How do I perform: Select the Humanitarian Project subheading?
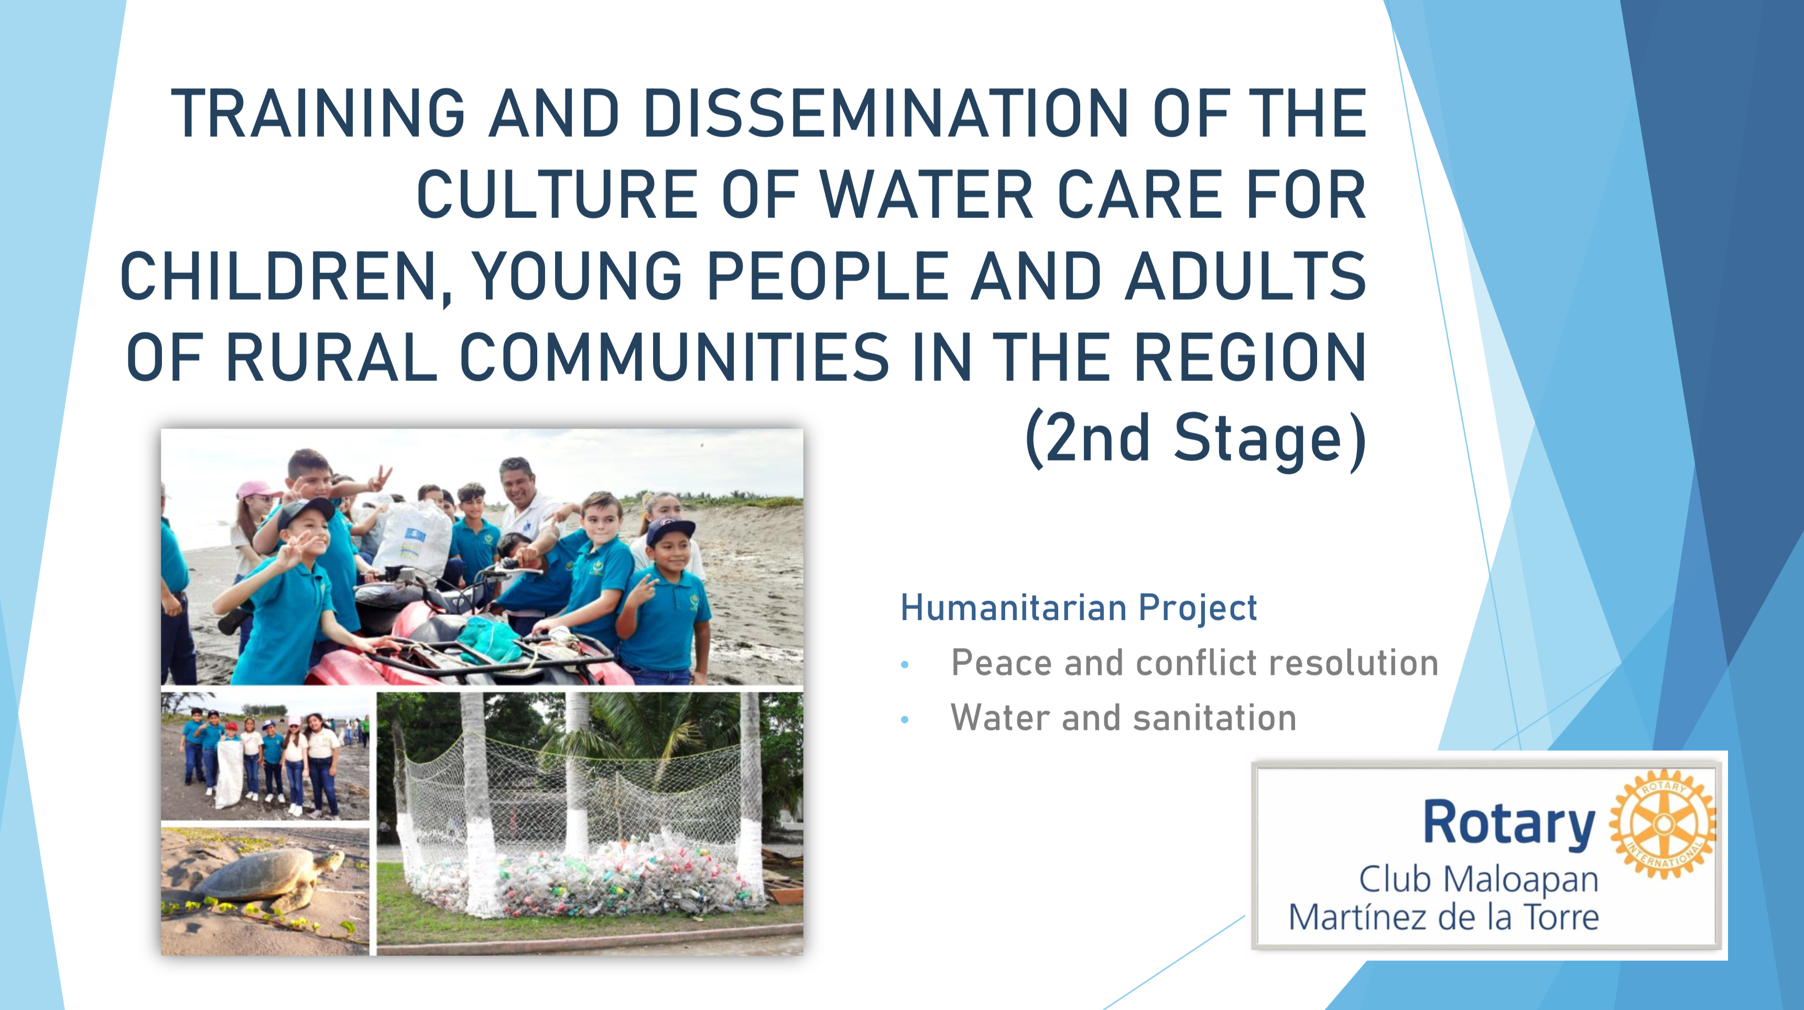click(x=1079, y=608)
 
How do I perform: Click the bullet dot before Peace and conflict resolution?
click(x=905, y=665)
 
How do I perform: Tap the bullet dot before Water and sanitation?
click(x=905, y=720)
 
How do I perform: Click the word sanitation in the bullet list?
click(x=1214, y=718)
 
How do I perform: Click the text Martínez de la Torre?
click(x=1444, y=917)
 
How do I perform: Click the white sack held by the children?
click(x=229, y=773)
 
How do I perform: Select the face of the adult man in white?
click(x=519, y=485)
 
